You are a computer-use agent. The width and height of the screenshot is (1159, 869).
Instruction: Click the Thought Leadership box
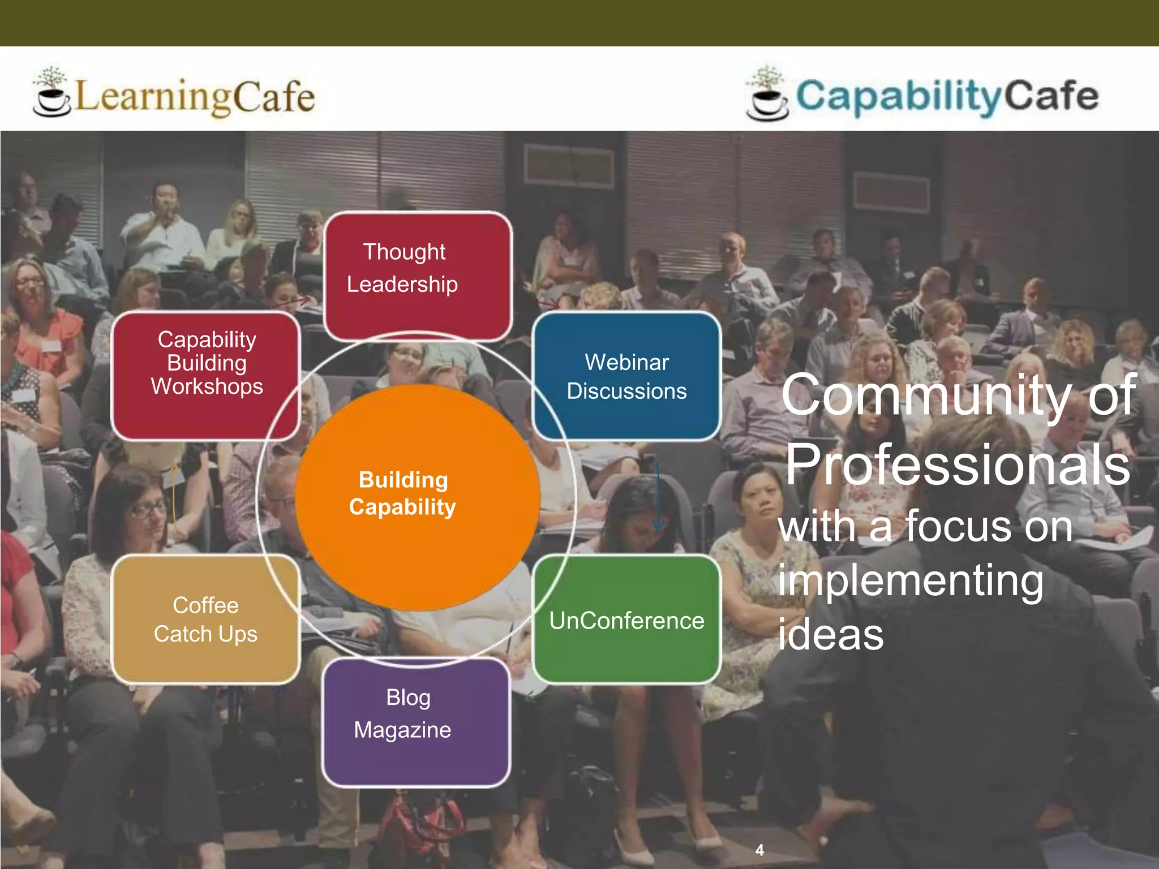(x=418, y=276)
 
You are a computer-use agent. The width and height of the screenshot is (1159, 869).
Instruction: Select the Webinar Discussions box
(x=626, y=376)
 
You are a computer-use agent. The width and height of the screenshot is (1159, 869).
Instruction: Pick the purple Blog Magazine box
(x=417, y=722)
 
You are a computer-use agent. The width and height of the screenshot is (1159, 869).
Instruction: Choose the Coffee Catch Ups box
(x=205, y=620)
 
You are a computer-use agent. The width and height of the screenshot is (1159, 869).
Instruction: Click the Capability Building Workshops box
(x=205, y=375)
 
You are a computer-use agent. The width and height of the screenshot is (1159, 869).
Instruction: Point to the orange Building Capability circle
(x=417, y=497)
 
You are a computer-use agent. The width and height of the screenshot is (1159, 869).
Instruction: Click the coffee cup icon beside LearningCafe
(x=51, y=93)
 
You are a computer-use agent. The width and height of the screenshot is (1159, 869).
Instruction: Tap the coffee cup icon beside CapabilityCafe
(x=767, y=94)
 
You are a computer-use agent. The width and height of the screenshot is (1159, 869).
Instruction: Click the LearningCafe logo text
(x=194, y=97)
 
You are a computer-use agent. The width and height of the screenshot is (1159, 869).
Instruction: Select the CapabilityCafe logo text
(x=947, y=96)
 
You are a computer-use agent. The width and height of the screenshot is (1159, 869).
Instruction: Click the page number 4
(x=759, y=850)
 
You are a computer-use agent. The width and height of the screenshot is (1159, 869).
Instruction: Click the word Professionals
(x=958, y=465)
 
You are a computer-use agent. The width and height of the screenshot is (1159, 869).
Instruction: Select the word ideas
(x=830, y=635)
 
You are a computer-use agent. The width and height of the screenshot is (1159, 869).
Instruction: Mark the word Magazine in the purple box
(x=402, y=730)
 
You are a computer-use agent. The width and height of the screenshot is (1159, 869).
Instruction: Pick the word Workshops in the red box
(x=207, y=386)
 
